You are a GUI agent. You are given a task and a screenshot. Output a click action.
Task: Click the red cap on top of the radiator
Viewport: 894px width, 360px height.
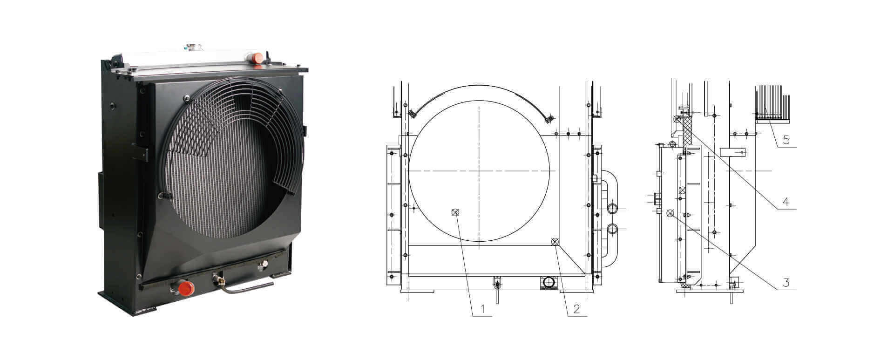click(257, 59)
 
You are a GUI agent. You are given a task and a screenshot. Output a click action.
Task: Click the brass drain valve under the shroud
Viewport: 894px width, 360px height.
click(217, 279)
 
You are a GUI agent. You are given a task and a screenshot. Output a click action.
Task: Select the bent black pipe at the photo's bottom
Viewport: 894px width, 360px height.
click(247, 286)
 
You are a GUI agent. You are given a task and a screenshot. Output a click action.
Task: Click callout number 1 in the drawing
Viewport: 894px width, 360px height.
click(482, 308)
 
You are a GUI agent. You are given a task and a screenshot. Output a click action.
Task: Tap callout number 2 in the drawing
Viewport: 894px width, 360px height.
click(576, 308)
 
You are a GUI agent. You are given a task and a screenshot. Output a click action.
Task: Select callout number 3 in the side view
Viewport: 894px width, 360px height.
click(786, 282)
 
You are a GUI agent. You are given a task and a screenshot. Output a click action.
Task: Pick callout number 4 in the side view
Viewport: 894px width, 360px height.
click(786, 202)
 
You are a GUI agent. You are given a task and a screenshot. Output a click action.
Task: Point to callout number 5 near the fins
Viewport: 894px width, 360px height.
click(786, 139)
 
